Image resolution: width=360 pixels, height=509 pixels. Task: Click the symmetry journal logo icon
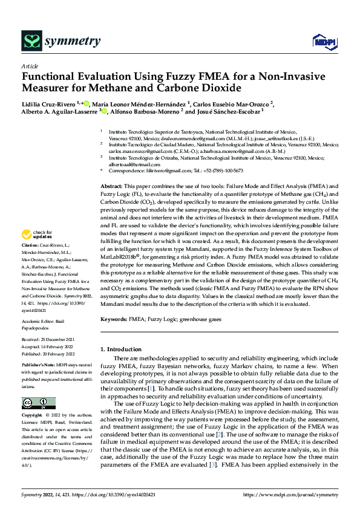tap(31, 41)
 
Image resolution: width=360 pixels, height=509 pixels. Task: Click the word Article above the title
tap(29, 66)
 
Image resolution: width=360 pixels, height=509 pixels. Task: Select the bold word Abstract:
tap(112, 170)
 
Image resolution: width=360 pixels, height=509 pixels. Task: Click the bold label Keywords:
tap(114, 319)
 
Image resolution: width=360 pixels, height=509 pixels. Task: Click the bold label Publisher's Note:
tap(38, 366)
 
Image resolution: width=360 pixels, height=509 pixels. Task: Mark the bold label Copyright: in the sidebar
tap(33, 416)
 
